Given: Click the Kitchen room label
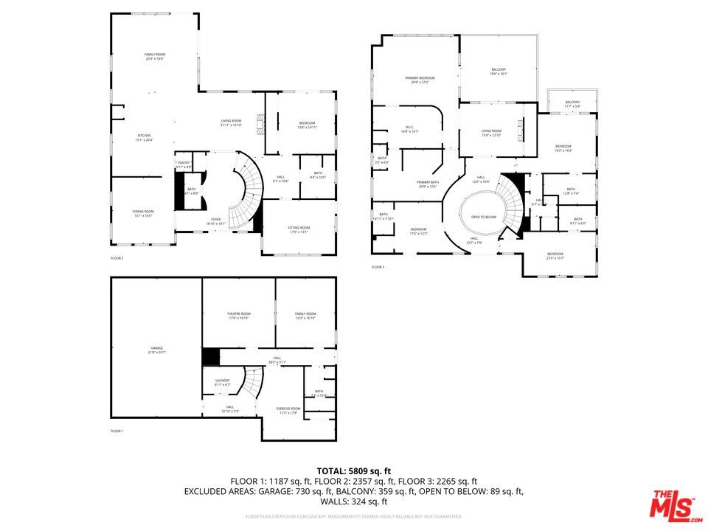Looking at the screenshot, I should point(144,136).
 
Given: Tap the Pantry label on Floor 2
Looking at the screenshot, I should point(184,164).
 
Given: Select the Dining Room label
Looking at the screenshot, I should point(143,213).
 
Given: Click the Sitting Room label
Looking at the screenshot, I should point(299,229).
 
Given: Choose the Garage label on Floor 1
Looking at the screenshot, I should point(157,350).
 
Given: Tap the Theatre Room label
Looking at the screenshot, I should point(238,315).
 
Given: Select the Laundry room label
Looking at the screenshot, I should point(223,382).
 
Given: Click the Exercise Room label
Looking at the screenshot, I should point(288,409).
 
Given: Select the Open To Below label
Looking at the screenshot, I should point(483,218).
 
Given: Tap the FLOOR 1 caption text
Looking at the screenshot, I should point(117,431).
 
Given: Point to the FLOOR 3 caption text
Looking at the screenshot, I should point(378,267).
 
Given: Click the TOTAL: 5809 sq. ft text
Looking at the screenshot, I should point(353,471).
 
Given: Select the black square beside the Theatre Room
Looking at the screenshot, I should point(211,356).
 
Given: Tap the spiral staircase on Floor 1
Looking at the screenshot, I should point(253,382).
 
